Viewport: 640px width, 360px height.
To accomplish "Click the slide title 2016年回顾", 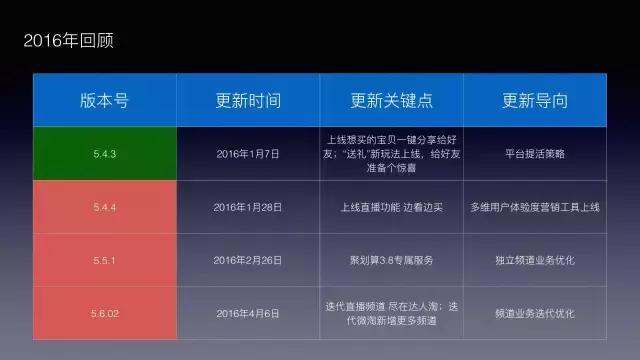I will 72,42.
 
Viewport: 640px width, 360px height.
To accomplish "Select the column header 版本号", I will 104,101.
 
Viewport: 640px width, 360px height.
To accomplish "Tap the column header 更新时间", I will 248,101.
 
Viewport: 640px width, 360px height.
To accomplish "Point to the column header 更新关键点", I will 391,101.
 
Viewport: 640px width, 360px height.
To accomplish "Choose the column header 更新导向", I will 535,101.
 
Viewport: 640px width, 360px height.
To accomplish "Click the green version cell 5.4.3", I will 104,154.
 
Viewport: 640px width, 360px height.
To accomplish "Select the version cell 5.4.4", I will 104,207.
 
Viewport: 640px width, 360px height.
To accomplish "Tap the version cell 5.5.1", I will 104,260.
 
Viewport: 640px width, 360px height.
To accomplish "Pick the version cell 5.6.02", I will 104,312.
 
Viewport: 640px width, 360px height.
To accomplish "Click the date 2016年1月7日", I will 248,154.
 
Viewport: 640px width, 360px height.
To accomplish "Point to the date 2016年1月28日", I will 248,207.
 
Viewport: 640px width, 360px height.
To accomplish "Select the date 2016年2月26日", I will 248,260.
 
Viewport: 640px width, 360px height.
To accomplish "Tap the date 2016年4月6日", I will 248,312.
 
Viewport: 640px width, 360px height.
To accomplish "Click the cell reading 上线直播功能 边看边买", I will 391,207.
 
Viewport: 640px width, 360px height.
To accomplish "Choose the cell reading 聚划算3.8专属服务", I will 391,260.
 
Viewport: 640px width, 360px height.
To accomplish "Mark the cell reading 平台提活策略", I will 535,154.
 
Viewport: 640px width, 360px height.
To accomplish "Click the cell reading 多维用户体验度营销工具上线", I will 535,207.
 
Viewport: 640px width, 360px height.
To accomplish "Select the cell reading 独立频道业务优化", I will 535,260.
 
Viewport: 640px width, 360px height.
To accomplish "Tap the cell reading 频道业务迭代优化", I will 535,312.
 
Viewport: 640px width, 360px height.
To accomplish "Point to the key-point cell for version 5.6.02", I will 391,312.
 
